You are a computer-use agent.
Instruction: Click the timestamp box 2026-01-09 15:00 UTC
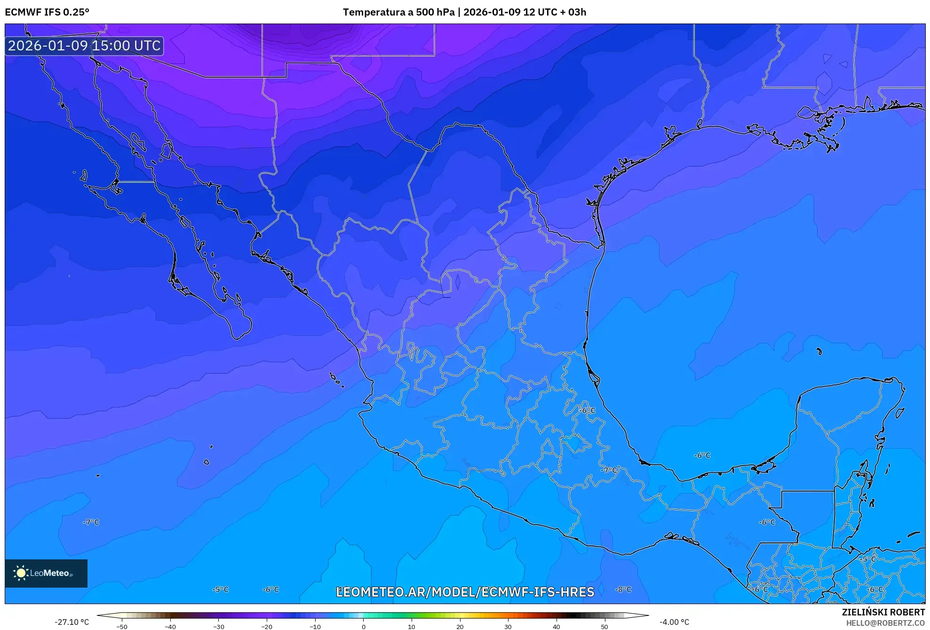click(x=84, y=46)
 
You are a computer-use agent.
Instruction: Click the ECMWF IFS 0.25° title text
click(x=47, y=12)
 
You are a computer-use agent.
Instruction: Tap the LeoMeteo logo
click(x=46, y=573)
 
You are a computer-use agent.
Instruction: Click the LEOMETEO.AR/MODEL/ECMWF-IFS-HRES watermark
click(x=465, y=592)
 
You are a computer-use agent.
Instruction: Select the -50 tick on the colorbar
click(x=122, y=627)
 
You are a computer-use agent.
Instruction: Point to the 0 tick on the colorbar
click(x=363, y=627)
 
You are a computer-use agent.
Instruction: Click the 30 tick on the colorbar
click(x=508, y=627)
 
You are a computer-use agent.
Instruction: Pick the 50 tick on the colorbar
click(x=604, y=627)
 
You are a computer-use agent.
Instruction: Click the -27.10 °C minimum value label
click(x=72, y=622)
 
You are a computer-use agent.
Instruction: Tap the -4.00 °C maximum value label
click(x=674, y=622)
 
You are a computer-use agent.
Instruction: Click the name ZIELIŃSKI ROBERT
click(x=883, y=612)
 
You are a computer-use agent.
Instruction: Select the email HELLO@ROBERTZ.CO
click(x=885, y=623)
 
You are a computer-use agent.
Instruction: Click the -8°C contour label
click(x=623, y=590)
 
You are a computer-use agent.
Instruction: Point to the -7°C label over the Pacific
click(x=91, y=522)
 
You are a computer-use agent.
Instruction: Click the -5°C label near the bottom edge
click(x=220, y=590)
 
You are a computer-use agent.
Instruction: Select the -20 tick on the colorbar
click(x=267, y=627)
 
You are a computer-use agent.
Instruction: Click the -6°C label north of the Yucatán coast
click(x=702, y=455)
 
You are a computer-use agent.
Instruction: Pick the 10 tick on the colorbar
click(x=412, y=627)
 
